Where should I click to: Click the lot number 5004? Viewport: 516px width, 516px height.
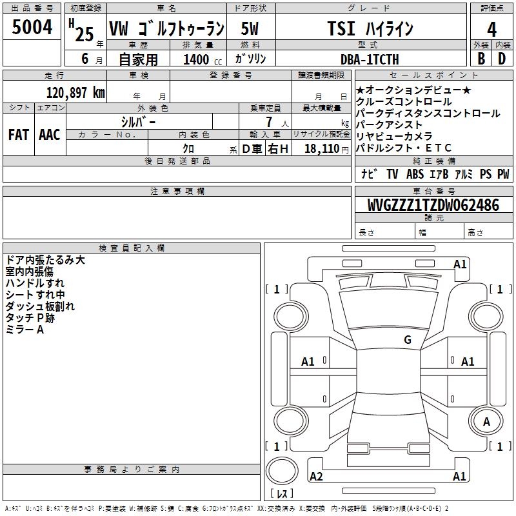[x=32, y=27]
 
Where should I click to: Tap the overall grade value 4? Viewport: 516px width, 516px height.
[x=491, y=30]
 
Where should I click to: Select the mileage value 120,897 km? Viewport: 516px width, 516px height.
[x=75, y=93]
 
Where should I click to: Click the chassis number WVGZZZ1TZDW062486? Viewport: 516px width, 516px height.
[x=433, y=205]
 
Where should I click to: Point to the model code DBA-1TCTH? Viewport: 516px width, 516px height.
[x=370, y=59]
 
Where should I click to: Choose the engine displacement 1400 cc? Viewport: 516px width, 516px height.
[x=203, y=59]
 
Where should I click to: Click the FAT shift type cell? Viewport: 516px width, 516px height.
[x=19, y=135]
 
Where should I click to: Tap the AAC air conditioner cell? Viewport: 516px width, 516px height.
[x=50, y=135]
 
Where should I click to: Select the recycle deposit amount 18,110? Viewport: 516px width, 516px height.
[x=322, y=149]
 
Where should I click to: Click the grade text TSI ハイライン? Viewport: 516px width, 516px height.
[x=370, y=28]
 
